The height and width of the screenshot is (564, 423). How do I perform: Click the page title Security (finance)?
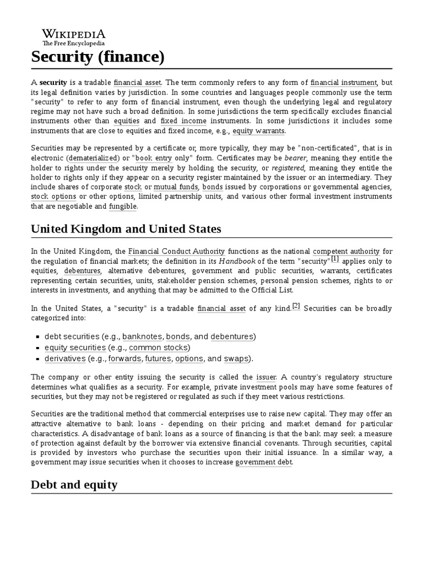pyautogui.click(x=98, y=57)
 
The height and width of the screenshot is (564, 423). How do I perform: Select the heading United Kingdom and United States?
pyautogui.click(x=127, y=229)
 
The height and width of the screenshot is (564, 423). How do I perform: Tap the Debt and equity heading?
pyautogui.click(x=74, y=485)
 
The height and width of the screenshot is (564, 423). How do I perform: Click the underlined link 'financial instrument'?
pyautogui.click(x=344, y=82)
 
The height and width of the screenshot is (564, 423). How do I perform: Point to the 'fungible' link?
pyautogui.click(x=123, y=207)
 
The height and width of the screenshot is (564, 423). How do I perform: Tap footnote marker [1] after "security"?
pyautogui.click(x=335, y=259)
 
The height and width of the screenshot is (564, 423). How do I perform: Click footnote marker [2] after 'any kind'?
pyautogui.click(x=296, y=307)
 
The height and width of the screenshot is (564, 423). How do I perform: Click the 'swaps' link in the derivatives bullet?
pyautogui.click(x=236, y=359)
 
